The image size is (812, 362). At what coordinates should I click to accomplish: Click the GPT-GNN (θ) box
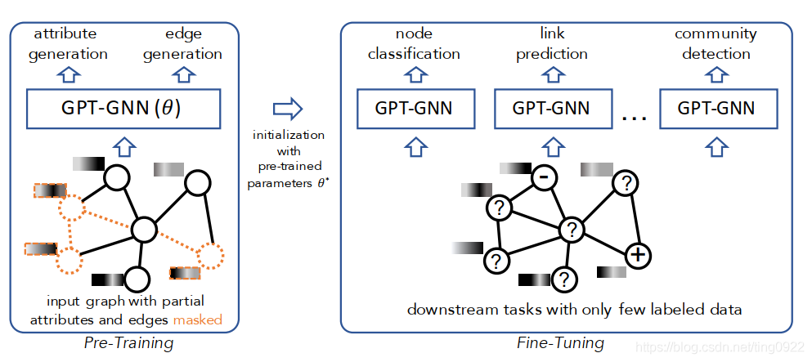pyautogui.click(x=124, y=109)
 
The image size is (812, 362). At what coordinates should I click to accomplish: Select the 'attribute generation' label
pyautogui.click(x=68, y=44)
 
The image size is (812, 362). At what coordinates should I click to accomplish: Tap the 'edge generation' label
pyautogui.click(x=182, y=44)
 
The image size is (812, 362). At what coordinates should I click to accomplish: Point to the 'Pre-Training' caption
pyautogui.click(x=128, y=343)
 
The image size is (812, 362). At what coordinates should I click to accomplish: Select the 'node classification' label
pyautogui.click(x=414, y=44)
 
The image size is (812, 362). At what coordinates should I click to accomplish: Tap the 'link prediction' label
pyautogui.click(x=552, y=44)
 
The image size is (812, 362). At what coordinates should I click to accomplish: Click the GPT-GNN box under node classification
pyautogui.click(x=414, y=109)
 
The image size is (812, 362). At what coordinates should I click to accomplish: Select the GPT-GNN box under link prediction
pyautogui.click(x=552, y=109)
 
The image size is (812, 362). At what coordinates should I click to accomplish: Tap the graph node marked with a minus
pyautogui.click(x=542, y=177)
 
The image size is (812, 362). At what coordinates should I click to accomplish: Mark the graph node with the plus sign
pyautogui.click(x=638, y=255)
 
